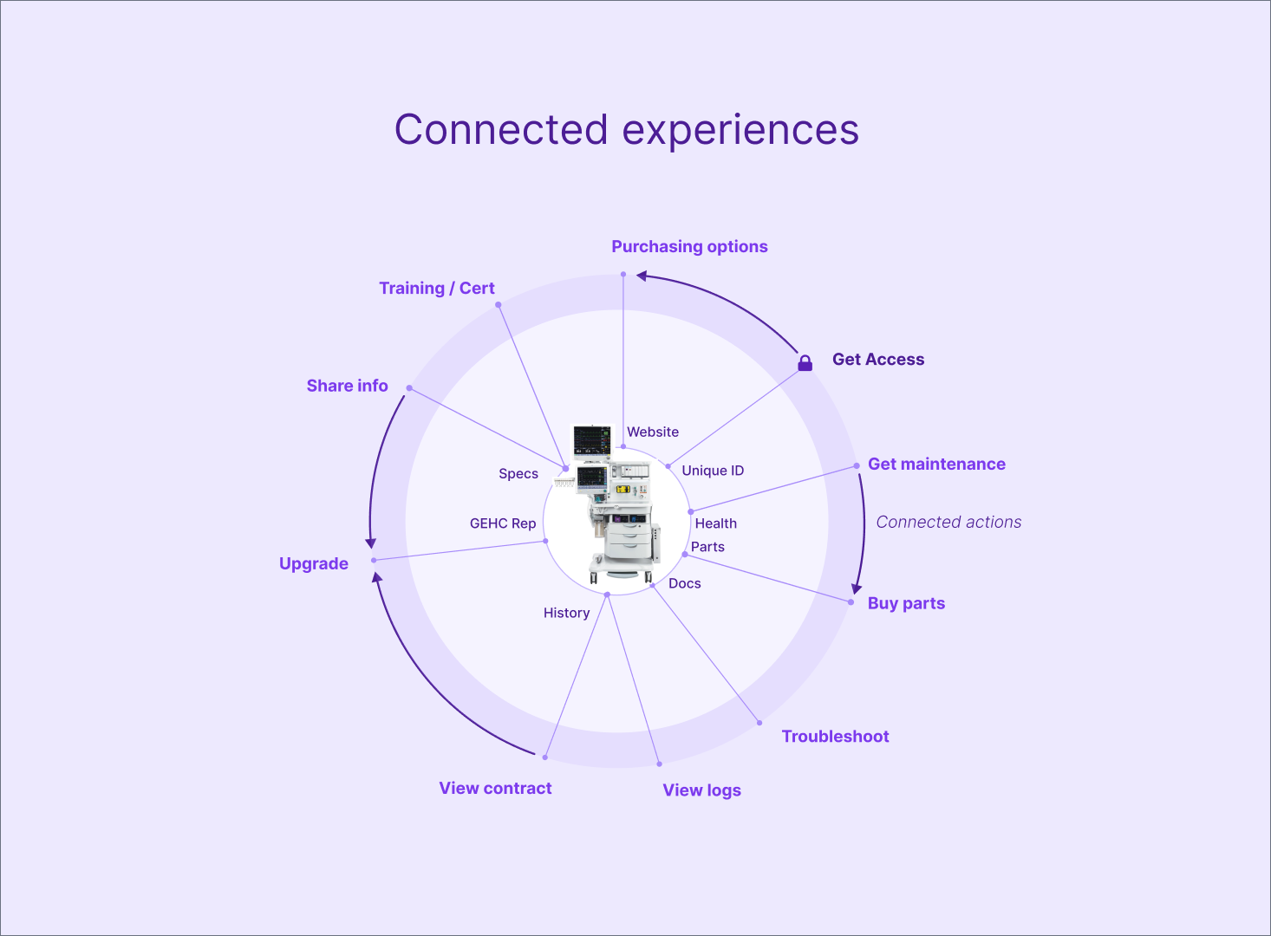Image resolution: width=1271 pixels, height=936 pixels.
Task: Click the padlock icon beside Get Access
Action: click(x=805, y=362)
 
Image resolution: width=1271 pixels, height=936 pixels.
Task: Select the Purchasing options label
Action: click(x=689, y=247)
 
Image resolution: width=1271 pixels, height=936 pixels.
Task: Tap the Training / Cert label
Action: click(x=436, y=289)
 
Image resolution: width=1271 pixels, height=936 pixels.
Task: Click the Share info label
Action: click(x=347, y=387)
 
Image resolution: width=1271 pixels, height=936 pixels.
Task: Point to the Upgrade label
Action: click(x=313, y=564)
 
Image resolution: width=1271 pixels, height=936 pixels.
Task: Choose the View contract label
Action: click(x=495, y=789)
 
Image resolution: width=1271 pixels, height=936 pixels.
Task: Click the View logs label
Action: click(x=701, y=790)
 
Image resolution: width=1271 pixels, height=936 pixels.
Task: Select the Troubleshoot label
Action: click(x=835, y=737)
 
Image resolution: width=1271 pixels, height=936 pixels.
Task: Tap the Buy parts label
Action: click(x=906, y=604)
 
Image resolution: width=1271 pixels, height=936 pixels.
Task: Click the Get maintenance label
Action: click(x=936, y=465)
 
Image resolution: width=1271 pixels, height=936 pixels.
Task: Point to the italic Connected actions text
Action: click(x=948, y=523)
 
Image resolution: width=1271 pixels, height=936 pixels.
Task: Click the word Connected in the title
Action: click(x=501, y=130)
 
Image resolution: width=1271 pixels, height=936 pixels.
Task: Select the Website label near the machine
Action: click(x=653, y=432)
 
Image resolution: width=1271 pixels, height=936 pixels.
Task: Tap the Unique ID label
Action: click(x=713, y=471)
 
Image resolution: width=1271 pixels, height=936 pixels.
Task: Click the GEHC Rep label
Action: click(x=503, y=524)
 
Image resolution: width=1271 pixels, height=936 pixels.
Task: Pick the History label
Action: click(x=566, y=614)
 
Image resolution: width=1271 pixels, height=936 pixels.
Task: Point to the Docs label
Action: click(x=684, y=584)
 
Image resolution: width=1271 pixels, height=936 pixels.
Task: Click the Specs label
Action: click(x=518, y=474)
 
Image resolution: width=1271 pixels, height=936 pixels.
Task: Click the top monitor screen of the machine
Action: click(x=592, y=439)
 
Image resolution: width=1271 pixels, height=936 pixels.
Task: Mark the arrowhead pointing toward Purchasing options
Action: click(x=642, y=276)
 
